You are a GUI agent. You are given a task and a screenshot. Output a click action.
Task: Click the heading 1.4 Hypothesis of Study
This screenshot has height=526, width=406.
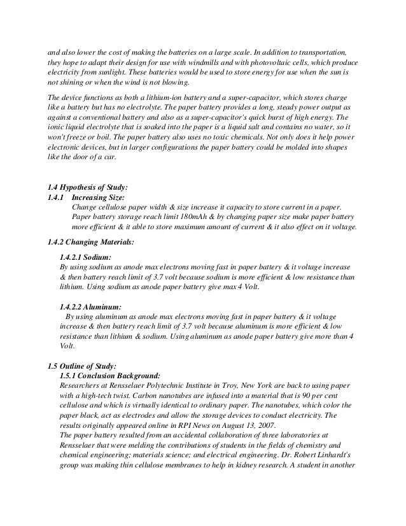88,187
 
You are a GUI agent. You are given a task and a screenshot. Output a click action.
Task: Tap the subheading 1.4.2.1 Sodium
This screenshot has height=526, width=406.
85,257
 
